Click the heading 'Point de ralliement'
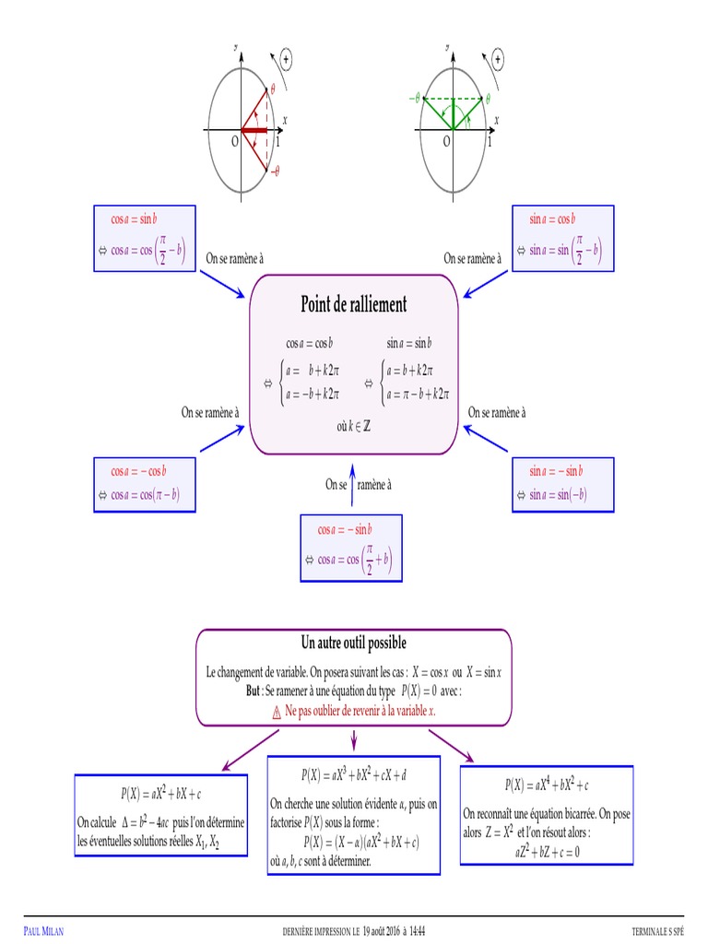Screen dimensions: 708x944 click(x=353, y=304)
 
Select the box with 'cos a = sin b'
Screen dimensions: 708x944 click(x=145, y=239)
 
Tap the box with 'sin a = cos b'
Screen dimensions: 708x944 click(x=563, y=239)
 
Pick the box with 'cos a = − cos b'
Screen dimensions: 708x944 click(x=145, y=485)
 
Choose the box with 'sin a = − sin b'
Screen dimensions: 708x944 click(x=563, y=485)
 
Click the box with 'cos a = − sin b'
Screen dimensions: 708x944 click(x=351, y=548)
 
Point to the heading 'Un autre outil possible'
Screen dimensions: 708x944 click(x=353, y=643)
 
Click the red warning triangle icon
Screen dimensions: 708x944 click(x=277, y=713)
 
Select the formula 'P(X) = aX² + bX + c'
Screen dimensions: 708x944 click(x=160, y=794)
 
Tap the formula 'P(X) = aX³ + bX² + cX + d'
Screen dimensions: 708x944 click(x=353, y=774)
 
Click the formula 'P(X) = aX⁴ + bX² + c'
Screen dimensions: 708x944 click(x=547, y=785)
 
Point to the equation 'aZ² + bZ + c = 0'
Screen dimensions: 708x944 click(x=547, y=851)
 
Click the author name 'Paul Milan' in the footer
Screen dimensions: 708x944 click(x=43, y=931)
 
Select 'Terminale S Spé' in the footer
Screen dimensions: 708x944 click(x=657, y=931)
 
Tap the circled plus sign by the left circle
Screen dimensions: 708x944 click(x=286, y=59)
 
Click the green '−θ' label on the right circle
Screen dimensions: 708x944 click(x=414, y=98)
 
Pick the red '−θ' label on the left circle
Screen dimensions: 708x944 click(x=275, y=171)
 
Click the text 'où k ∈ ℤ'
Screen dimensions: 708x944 click(x=353, y=426)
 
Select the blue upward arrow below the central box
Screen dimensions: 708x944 click(x=352, y=485)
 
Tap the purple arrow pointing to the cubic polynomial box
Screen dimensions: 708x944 click(x=354, y=740)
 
